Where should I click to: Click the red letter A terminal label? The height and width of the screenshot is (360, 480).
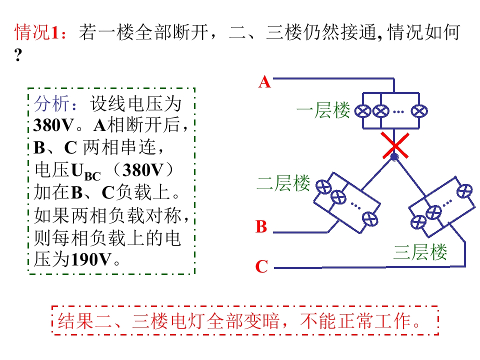coord(265,82)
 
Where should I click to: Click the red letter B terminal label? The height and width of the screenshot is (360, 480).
coord(261,227)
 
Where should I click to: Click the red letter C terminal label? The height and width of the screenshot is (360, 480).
coord(261,266)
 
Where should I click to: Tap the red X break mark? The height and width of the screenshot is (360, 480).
coord(395,145)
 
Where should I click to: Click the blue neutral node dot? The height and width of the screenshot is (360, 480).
coord(394,157)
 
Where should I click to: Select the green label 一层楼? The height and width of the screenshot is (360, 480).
coord(323,110)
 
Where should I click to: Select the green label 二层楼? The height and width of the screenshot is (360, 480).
coord(283,183)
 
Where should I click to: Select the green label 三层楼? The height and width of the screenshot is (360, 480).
coord(420,252)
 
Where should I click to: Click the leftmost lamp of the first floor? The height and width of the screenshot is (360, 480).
coord(363,111)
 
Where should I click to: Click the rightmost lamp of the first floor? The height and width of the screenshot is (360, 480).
coord(419,111)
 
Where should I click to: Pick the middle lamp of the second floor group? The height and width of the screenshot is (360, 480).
coord(338,197)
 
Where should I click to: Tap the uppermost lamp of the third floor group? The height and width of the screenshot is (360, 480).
coord(464,191)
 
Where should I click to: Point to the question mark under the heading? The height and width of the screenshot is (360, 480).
coord(18,55)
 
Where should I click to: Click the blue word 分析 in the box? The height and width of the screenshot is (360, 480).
coord(51,103)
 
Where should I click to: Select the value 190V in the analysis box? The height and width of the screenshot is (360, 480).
coord(91,259)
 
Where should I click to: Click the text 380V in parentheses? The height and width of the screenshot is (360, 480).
coord(142,170)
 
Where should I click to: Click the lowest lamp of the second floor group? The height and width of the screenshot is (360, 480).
coord(370,219)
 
